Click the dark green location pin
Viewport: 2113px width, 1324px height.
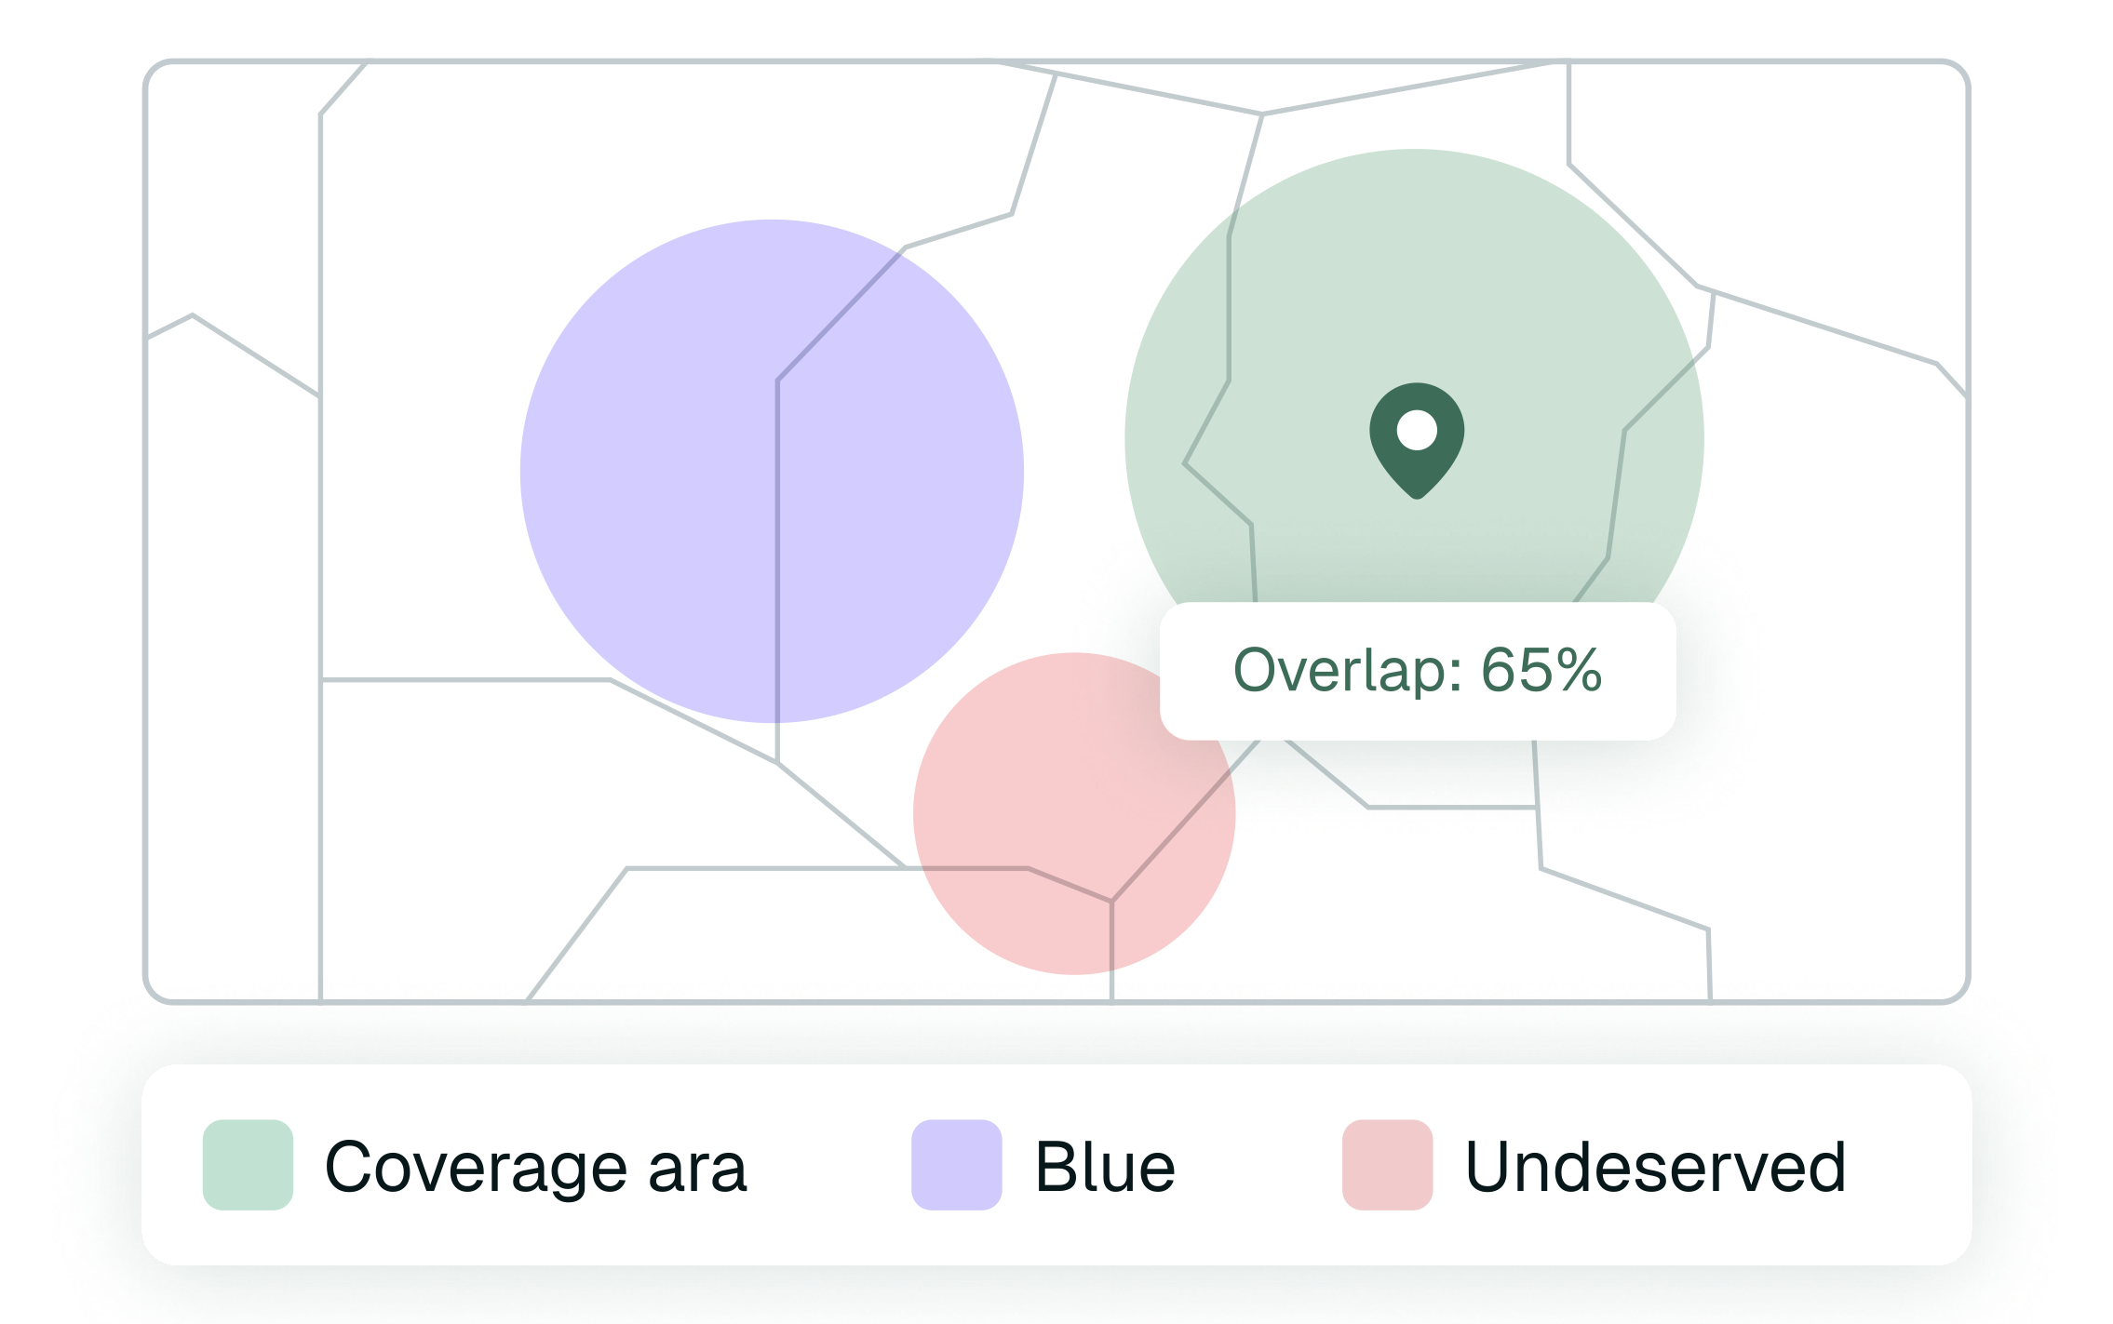click(1416, 470)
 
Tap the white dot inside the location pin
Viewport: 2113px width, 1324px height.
click(1417, 431)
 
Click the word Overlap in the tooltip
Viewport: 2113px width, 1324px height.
click(1337, 670)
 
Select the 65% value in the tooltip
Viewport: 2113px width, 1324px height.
click(1541, 670)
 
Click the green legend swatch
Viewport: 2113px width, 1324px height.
click(248, 1164)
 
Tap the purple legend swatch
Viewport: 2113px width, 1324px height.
click(956, 1164)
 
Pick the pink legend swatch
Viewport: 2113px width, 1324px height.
click(1387, 1164)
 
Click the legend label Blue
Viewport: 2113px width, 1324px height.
click(1105, 1167)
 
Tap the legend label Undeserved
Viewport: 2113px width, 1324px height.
click(1655, 1167)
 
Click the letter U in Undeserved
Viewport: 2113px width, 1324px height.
click(1493, 1167)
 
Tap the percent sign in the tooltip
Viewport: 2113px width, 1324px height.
click(1579, 670)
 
